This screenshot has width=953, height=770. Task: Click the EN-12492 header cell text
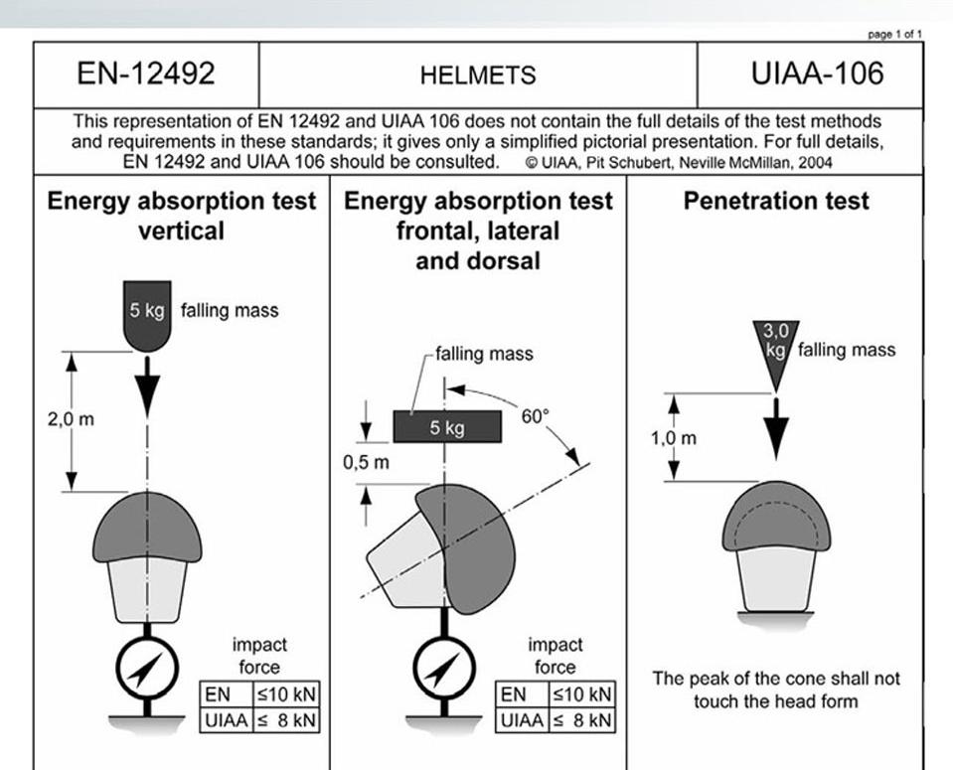coord(146,75)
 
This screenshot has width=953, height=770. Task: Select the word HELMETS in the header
coord(477,76)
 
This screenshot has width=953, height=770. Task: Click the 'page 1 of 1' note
coord(894,34)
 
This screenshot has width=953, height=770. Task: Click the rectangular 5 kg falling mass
coord(445,427)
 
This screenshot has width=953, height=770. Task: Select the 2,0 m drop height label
coord(72,419)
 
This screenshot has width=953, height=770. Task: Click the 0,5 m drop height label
coord(366,462)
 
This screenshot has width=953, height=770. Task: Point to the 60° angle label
coord(535,416)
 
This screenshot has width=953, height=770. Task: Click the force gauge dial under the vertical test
coord(147,666)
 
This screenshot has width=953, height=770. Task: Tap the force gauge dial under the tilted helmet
coord(444,667)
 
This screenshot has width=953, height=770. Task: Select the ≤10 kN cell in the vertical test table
coord(285,693)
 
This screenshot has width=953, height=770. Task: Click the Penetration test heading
coord(776,201)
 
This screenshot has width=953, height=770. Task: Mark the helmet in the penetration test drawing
coord(775,517)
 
